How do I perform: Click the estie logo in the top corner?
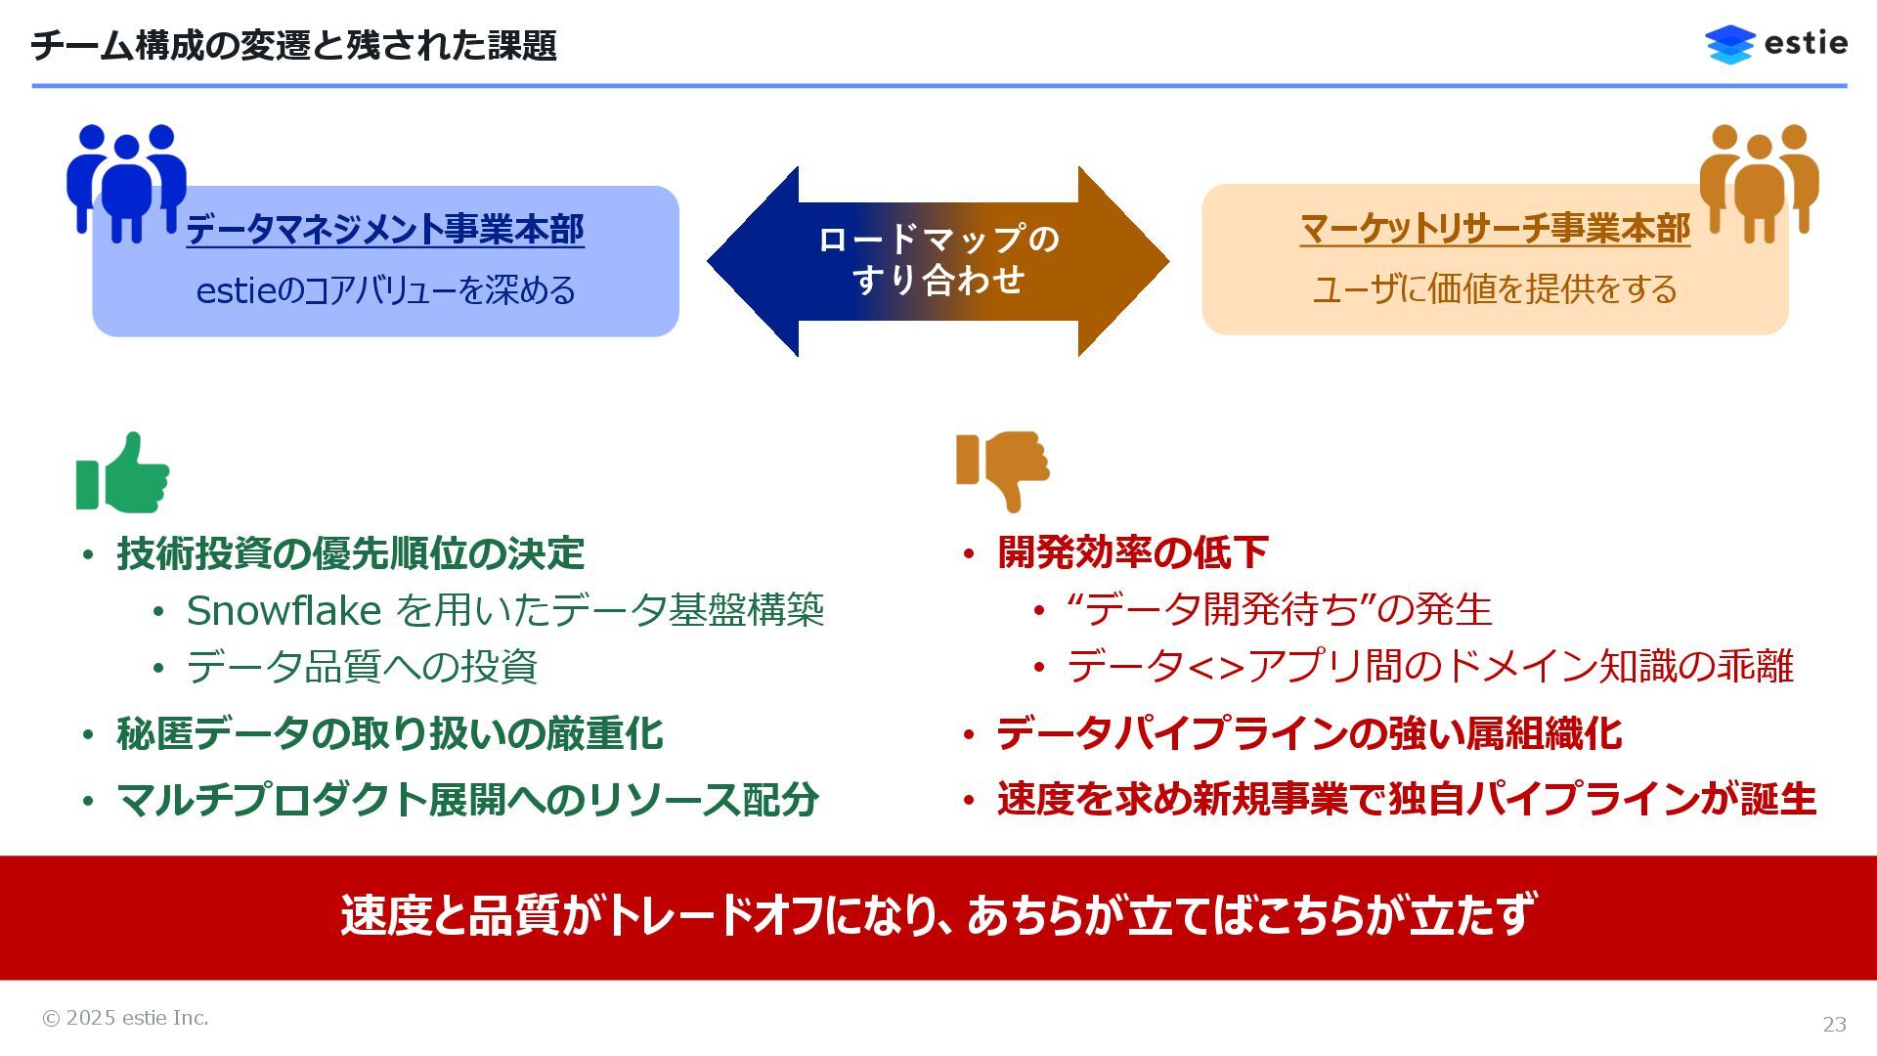(x=1775, y=44)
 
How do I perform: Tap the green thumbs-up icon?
(x=123, y=474)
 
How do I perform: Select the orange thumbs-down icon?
(x=1003, y=469)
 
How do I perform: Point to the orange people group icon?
(x=1759, y=182)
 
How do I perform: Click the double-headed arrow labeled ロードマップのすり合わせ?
(x=938, y=261)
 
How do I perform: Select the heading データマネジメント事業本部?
(x=385, y=230)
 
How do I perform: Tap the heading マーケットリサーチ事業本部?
(x=1495, y=229)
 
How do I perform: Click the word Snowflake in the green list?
(x=284, y=611)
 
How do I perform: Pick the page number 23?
(x=1834, y=1024)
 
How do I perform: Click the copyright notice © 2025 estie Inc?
(x=125, y=1018)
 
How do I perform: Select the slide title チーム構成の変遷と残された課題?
(x=294, y=46)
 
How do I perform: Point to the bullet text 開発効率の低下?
(x=1132, y=552)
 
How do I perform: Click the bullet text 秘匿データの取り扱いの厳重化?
(x=389, y=734)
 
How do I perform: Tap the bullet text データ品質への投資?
(x=362, y=667)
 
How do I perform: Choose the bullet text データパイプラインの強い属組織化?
(x=1308, y=734)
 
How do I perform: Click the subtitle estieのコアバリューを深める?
(x=385, y=290)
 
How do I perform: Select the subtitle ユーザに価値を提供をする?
(x=1494, y=289)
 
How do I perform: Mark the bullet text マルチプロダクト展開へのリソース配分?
(x=467, y=800)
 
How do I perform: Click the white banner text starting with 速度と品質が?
(x=938, y=916)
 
